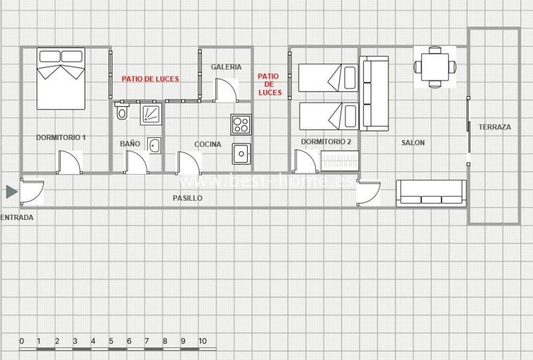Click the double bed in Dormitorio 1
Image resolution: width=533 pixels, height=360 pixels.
click(61, 79)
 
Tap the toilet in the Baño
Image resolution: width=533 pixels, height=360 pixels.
click(121, 111)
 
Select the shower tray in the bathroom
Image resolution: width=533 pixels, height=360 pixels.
click(151, 113)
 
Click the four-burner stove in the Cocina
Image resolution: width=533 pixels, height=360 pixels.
click(241, 125)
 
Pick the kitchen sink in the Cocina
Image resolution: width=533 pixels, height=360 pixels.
click(241, 154)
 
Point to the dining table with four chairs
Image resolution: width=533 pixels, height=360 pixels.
click(435, 67)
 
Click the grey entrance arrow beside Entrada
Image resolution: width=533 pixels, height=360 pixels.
click(11, 192)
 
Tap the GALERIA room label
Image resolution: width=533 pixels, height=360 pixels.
click(226, 67)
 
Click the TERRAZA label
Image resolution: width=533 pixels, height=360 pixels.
click(494, 127)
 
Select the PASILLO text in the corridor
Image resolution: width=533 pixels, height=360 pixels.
click(187, 198)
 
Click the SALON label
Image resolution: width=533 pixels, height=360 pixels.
click(413, 143)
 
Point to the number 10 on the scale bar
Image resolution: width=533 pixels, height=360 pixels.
click(203, 341)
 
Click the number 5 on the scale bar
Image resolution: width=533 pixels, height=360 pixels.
click(111, 341)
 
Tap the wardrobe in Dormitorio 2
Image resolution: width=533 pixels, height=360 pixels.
click(340, 161)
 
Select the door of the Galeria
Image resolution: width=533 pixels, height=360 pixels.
click(225, 90)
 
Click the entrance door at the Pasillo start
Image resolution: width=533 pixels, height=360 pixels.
click(32, 192)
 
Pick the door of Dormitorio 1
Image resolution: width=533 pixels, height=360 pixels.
click(70, 162)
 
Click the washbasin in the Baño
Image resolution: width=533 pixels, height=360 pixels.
click(155, 145)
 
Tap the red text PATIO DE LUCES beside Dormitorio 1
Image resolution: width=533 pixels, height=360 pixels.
click(151, 79)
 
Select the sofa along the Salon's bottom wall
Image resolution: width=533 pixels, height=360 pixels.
click(431, 193)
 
